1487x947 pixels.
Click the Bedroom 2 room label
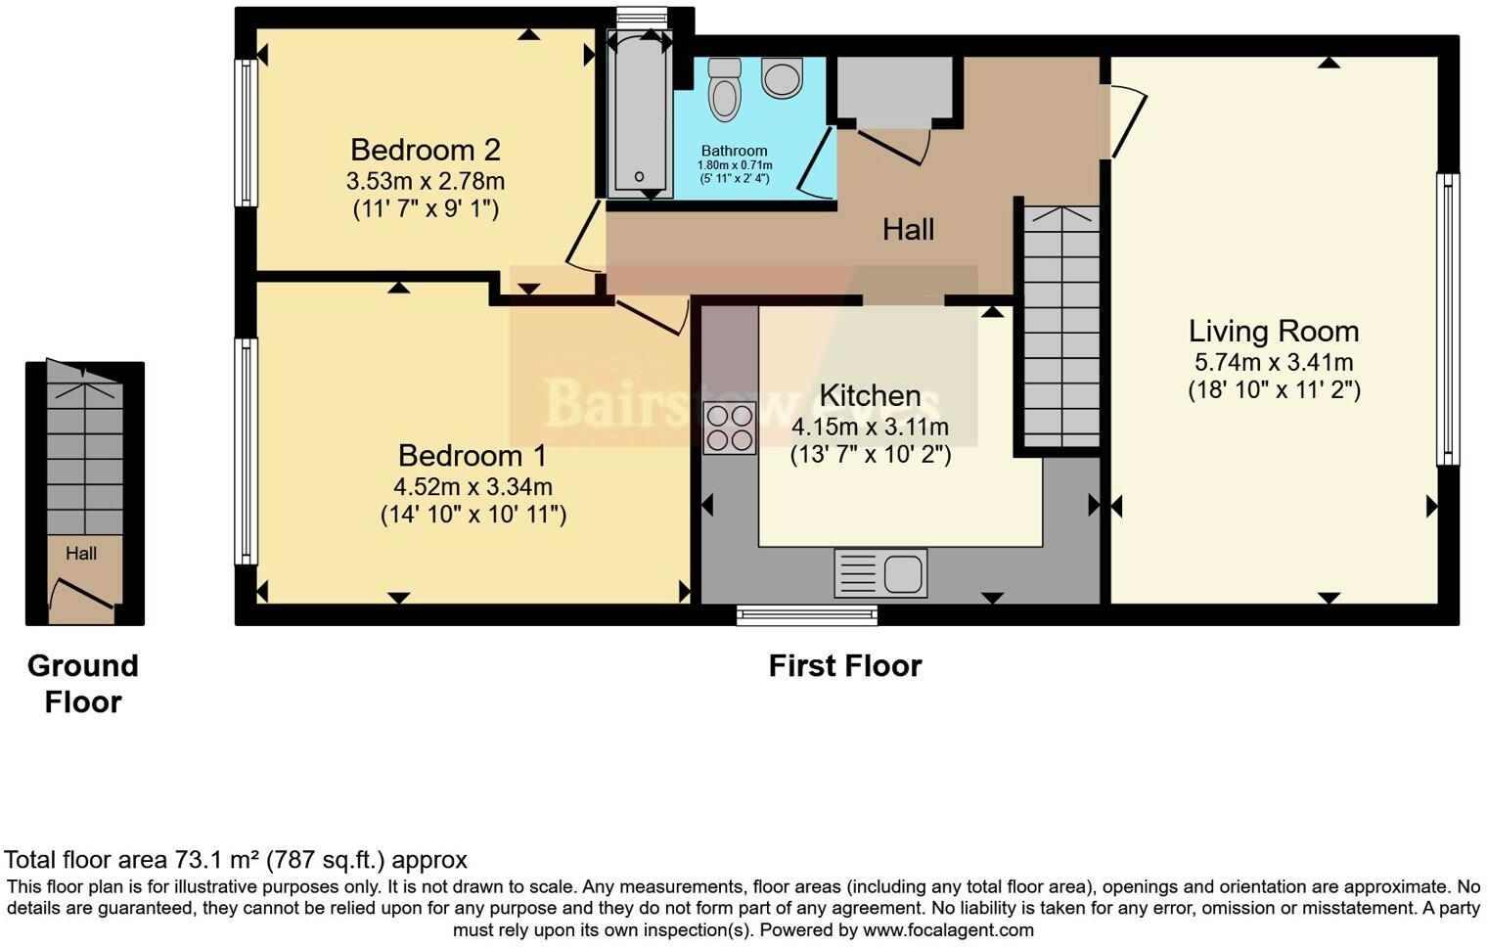426,150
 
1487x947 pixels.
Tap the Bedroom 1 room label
473,456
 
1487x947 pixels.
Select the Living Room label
1274,332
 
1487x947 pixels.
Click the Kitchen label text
870,395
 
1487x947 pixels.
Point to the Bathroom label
734,151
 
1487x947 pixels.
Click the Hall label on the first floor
908,230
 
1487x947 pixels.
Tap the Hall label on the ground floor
81,554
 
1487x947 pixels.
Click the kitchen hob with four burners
730,428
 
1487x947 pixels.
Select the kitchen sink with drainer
880,573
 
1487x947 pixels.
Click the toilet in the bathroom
725,89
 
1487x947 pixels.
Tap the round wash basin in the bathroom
782,77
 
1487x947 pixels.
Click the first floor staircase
1060,327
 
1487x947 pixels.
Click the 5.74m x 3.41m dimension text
1274,362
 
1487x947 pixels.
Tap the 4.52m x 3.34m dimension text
473,486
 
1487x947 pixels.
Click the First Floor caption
844,666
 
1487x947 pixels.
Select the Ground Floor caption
83,684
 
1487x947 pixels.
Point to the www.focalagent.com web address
948,930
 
